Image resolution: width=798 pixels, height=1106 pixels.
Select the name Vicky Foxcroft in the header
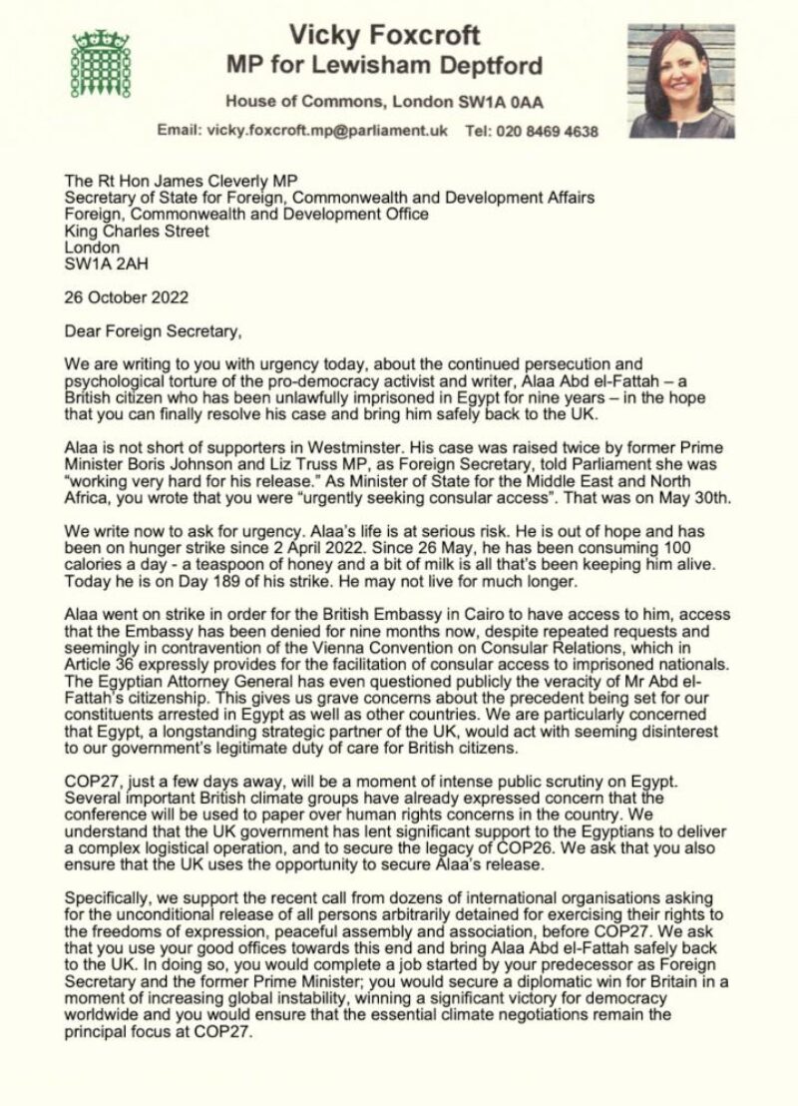(x=384, y=37)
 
